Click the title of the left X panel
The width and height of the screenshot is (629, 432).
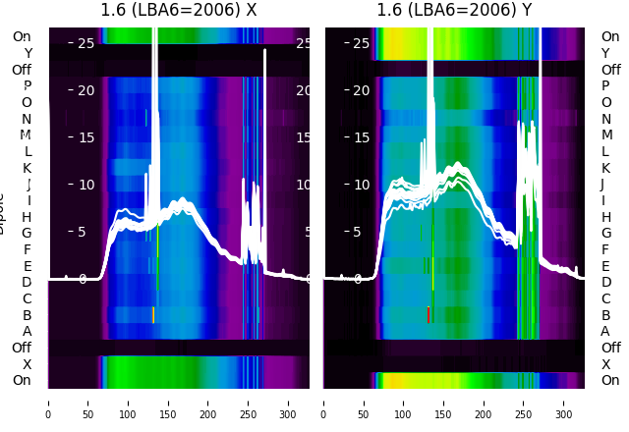point(179,11)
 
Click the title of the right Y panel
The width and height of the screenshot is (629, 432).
point(454,11)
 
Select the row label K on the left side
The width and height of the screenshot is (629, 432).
point(28,168)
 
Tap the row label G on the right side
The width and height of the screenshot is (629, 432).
point(606,234)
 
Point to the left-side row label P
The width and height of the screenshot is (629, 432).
point(28,85)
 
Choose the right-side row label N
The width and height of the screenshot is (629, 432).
point(606,119)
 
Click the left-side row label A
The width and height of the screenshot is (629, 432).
point(28,331)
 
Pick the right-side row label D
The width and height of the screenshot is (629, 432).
point(606,283)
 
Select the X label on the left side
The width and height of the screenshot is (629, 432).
point(28,364)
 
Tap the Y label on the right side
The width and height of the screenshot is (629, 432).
point(606,53)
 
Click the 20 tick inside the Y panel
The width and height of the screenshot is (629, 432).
point(361,90)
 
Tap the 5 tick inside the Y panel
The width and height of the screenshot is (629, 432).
point(361,232)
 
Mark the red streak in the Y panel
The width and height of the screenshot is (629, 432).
point(429,315)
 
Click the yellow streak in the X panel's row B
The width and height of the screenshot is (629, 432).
point(153,314)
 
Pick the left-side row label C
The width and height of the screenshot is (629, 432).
point(28,298)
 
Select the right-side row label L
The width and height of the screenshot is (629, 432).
point(606,151)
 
